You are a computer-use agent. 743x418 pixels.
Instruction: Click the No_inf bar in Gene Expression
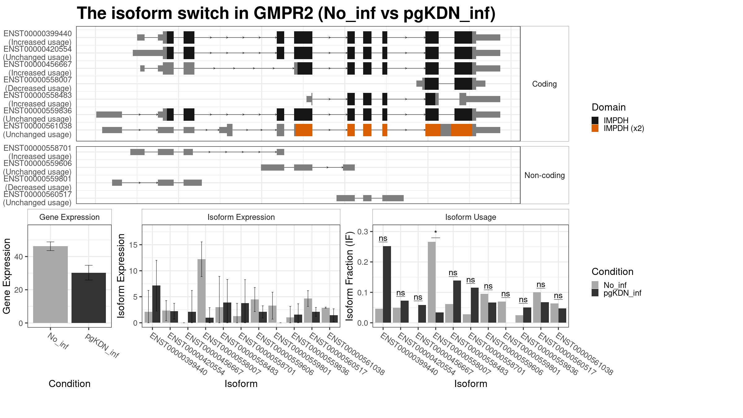pyautogui.click(x=50, y=285)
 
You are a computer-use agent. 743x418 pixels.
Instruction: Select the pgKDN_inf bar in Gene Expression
pyautogui.click(x=89, y=298)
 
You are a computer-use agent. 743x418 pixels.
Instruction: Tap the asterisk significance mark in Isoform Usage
pyautogui.click(x=436, y=233)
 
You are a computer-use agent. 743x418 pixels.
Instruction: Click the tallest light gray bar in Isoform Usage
pyautogui.click(x=432, y=282)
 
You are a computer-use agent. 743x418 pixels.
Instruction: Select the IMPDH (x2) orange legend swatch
pyautogui.click(x=595, y=128)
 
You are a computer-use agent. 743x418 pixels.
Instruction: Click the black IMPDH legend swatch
pyautogui.click(x=595, y=120)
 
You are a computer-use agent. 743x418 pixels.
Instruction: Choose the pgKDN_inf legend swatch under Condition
pyautogui.click(x=595, y=293)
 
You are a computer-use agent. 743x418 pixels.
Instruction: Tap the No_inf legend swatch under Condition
pyautogui.click(x=595, y=285)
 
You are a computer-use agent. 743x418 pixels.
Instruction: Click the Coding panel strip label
pyautogui.click(x=544, y=84)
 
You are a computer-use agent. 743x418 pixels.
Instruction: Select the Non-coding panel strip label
pyautogui.click(x=545, y=175)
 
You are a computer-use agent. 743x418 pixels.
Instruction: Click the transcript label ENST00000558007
pyautogui.click(x=37, y=80)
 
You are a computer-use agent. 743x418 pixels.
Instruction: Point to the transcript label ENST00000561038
pyautogui.click(x=37, y=126)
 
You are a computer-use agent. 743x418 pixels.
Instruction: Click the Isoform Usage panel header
pyautogui.click(x=471, y=217)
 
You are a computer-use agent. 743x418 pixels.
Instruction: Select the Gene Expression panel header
pyautogui.click(x=69, y=217)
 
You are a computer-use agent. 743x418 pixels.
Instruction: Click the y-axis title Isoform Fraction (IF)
pyautogui.click(x=350, y=276)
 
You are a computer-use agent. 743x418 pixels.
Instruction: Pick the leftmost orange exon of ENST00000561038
pyautogui.click(x=304, y=130)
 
